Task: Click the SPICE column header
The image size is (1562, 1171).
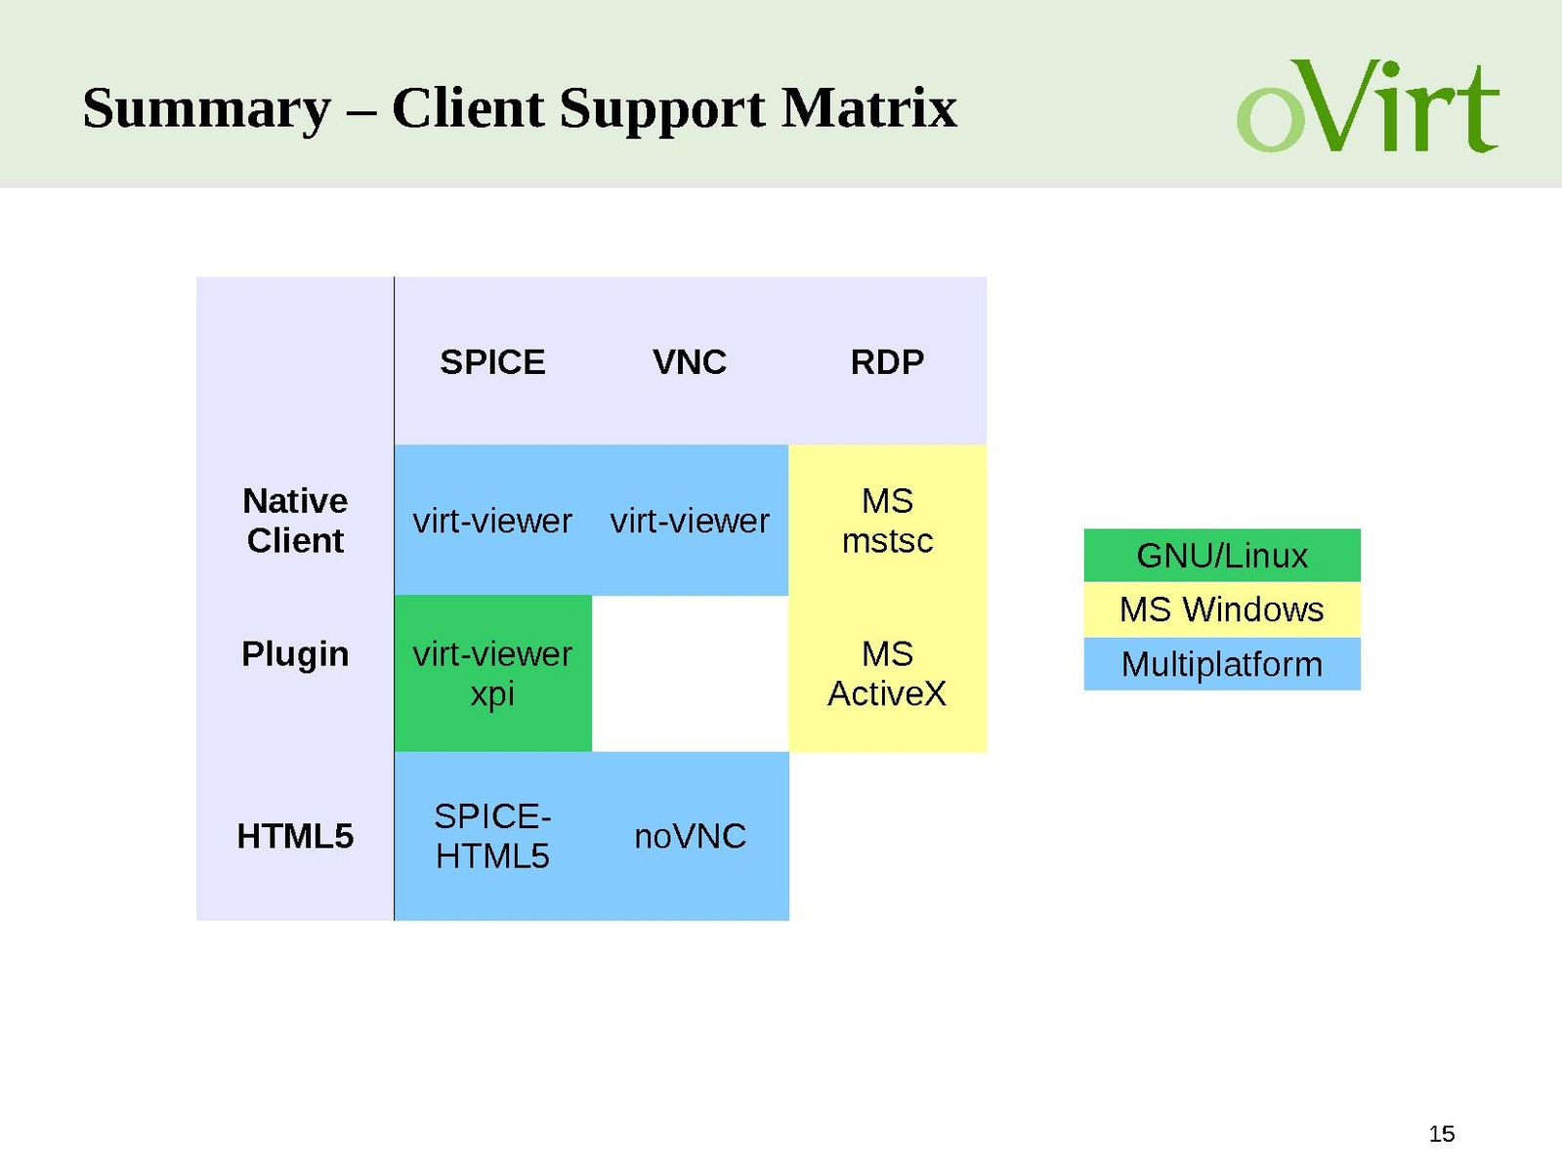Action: coord(492,362)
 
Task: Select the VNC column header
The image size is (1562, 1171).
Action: coord(690,362)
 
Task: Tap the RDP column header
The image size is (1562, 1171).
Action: coord(887,362)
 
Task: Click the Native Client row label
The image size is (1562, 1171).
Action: coord(295,521)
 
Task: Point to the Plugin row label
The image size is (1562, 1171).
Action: coord(295,653)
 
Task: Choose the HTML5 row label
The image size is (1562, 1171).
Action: coord(295,836)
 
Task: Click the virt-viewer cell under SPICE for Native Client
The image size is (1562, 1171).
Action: coord(492,521)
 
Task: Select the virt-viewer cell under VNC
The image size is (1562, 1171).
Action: coord(690,521)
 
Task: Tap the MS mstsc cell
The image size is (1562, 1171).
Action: coord(887,521)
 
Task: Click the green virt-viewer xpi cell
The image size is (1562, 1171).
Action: coord(492,673)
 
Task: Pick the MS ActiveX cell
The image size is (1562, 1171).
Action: coord(887,673)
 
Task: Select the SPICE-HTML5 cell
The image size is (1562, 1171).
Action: coord(492,836)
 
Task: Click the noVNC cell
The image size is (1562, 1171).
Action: coord(690,836)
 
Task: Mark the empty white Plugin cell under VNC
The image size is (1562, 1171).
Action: coord(690,673)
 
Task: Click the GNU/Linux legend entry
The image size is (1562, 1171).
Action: coord(1221,556)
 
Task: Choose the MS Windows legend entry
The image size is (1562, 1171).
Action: coord(1221,609)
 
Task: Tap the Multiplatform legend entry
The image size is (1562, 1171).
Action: coord(1221,664)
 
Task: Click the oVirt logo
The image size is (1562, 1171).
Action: coord(1368,106)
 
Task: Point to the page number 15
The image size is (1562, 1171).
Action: coord(1441,1134)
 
